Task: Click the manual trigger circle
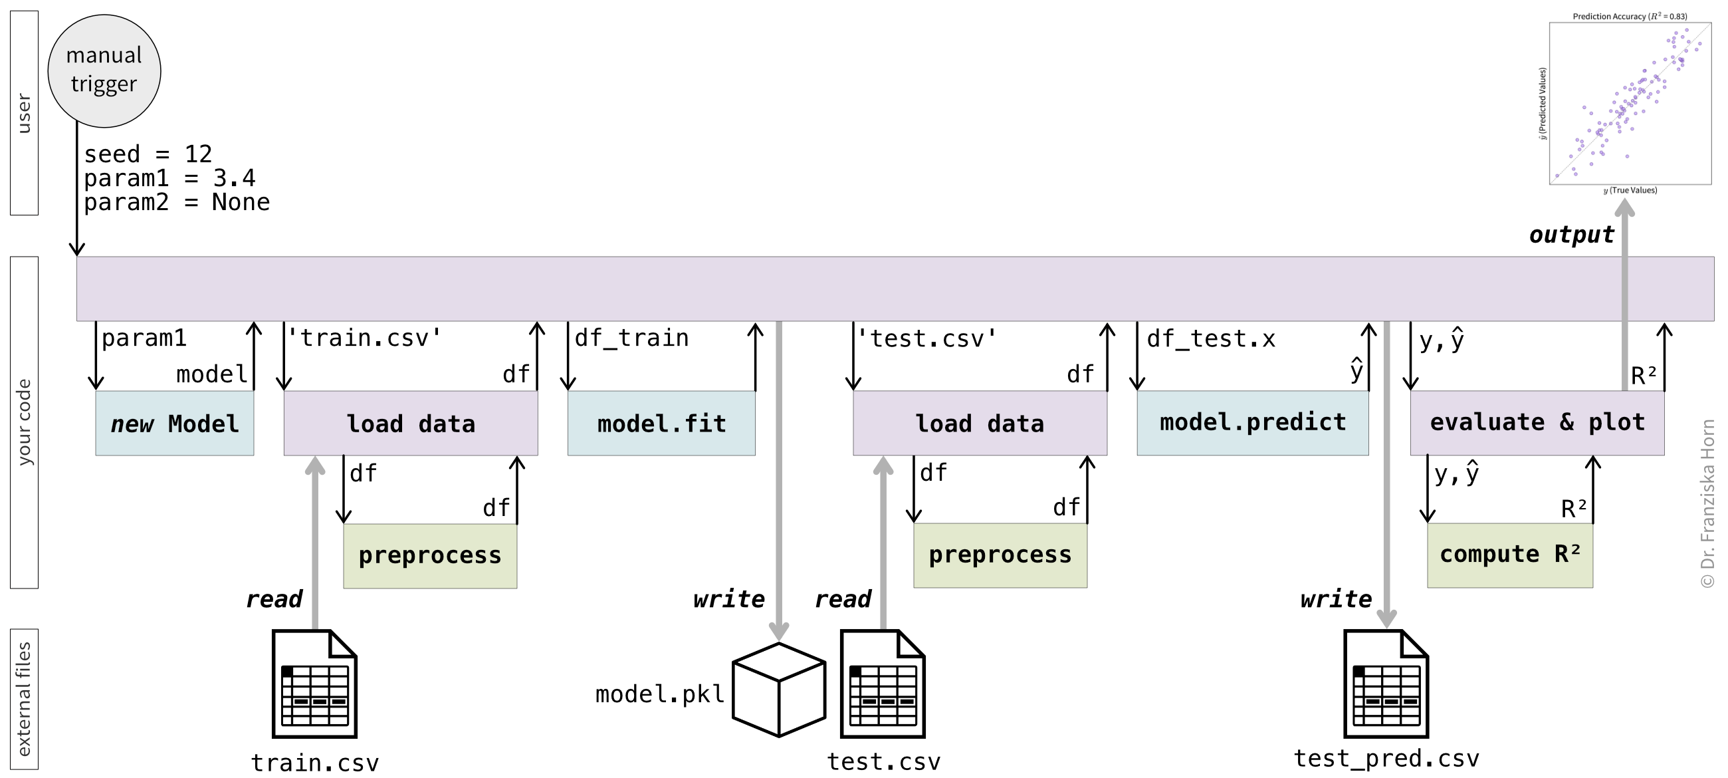click(x=104, y=71)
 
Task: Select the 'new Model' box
click(x=174, y=423)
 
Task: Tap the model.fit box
click(x=661, y=423)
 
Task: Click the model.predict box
click(x=1252, y=423)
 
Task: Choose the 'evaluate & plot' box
click(x=1537, y=423)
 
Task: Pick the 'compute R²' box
click(x=1510, y=555)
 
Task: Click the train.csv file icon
click(x=314, y=684)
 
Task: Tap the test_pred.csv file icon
click(x=1386, y=684)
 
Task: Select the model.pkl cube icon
click(x=779, y=690)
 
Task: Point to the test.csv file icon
click(x=883, y=684)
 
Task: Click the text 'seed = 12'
click(x=148, y=154)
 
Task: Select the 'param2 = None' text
click(x=176, y=202)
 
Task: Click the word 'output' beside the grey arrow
click(x=1571, y=235)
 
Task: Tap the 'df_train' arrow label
click(x=631, y=338)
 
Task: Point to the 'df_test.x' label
click(x=1211, y=339)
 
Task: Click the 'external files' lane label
click(x=24, y=699)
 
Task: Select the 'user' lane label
click(x=24, y=114)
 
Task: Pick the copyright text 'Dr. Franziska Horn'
click(x=1708, y=495)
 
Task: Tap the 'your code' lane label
click(x=24, y=422)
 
